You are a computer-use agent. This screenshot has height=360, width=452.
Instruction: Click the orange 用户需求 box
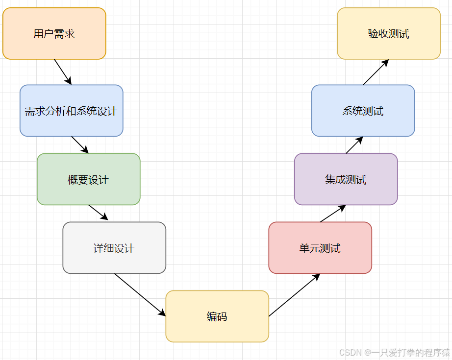[54, 33]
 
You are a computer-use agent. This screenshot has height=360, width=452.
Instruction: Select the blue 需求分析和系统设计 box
[71, 111]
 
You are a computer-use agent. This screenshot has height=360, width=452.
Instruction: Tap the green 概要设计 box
[88, 179]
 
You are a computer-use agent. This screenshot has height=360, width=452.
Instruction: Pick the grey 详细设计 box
[114, 248]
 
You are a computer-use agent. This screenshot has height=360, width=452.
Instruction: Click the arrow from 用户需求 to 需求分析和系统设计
[63, 72]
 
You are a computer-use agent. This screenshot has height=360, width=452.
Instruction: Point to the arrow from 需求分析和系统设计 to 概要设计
[79, 144]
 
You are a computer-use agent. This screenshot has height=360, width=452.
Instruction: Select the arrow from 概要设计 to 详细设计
[98, 213]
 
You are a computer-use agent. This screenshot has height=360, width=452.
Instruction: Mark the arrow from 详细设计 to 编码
[140, 294]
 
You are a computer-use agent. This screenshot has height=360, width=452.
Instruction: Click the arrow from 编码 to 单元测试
[294, 295]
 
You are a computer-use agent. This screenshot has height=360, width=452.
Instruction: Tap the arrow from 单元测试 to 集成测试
[333, 214]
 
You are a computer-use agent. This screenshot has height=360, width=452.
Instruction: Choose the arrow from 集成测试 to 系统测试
[354, 145]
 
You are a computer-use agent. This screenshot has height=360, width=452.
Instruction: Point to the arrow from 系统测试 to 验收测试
[376, 72]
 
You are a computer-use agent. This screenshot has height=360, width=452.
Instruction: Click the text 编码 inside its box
[217, 316]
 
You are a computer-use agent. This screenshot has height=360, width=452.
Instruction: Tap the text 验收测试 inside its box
[389, 34]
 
